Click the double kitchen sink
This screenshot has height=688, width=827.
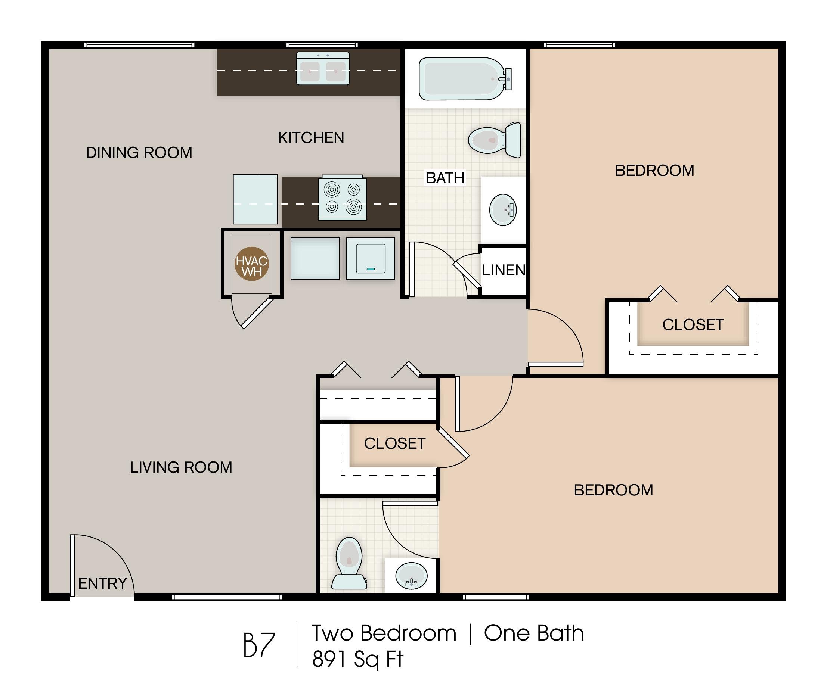click(322, 68)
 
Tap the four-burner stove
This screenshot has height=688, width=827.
click(342, 197)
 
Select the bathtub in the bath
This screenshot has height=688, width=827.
click(465, 79)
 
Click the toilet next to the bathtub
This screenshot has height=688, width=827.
click(494, 140)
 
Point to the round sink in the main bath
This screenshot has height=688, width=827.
click(503, 209)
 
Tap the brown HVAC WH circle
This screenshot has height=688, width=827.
click(252, 264)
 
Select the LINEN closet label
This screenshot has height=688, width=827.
click(504, 270)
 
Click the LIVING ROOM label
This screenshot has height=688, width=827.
click(181, 467)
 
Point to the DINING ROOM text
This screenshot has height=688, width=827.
click(139, 152)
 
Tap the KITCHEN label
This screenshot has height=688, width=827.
click(311, 138)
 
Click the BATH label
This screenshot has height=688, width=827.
click(445, 178)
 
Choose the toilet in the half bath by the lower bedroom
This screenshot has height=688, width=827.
click(349, 563)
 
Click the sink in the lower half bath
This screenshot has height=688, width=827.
click(411, 576)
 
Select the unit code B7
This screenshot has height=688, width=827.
click(259, 645)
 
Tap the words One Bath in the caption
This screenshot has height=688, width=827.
click(534, 633)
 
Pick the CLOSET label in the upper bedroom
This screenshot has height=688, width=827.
click(693, 325)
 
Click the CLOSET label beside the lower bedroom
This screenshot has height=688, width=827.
click(394, 443)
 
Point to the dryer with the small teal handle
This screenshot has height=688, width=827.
click(371, 259)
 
